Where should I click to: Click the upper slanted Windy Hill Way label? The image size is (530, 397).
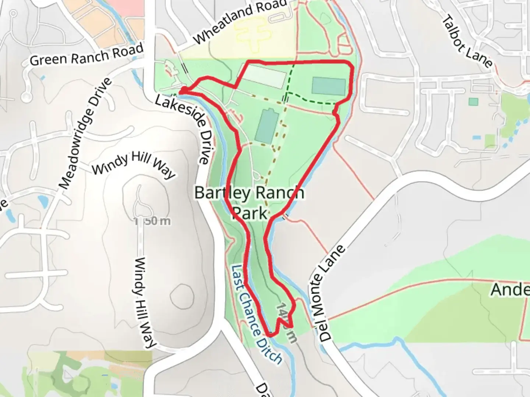click(133, 165)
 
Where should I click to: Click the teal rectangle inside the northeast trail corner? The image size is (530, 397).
click(329, 86)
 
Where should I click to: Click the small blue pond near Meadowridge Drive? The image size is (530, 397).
click(43, 201)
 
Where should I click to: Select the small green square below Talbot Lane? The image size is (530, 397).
click(474, 101)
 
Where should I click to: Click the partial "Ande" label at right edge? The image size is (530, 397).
click(510, 290)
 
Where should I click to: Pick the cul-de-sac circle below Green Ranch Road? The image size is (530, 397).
click(26, 97)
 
